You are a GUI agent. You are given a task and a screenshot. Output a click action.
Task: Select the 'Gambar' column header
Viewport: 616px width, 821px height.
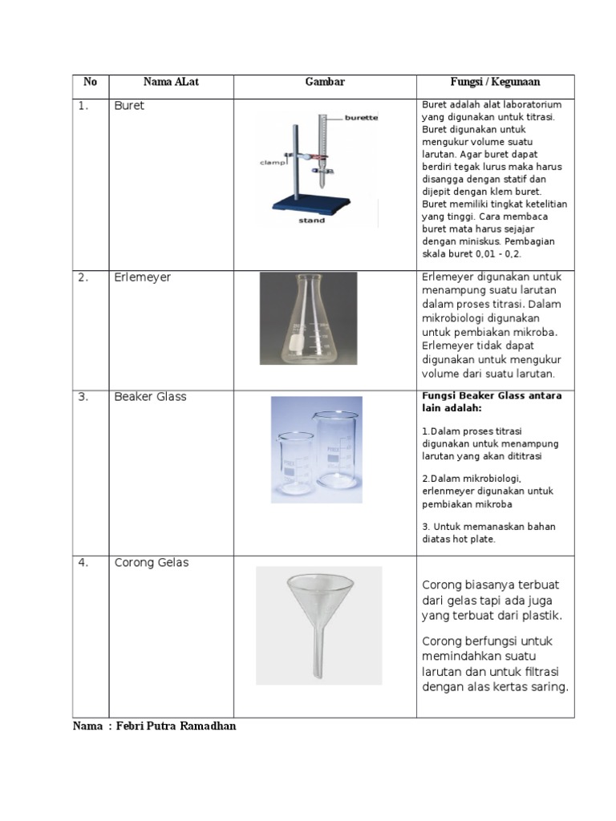(x=325, y=82)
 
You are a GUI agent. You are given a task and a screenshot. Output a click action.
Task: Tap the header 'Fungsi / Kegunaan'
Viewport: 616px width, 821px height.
(x=495, y=82)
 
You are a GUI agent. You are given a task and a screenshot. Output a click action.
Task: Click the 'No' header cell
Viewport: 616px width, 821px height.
(x=90, y=82)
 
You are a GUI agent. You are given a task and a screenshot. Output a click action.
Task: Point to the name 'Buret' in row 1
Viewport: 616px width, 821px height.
(x=129, y=106)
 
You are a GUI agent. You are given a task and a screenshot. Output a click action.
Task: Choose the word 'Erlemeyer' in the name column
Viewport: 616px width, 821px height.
(x=142, y=277)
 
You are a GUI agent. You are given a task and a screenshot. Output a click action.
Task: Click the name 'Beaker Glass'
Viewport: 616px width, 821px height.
(x=150, y=397)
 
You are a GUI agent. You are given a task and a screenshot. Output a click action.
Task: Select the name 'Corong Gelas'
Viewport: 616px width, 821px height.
(x=152, y=563)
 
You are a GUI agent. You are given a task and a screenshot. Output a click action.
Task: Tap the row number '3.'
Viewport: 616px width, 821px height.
(x=83, y=397)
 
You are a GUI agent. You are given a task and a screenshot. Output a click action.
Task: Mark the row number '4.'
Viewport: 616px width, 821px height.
(x=83, y=563)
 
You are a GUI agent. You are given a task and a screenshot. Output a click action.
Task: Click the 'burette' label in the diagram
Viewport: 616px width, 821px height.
(x=362, y=118)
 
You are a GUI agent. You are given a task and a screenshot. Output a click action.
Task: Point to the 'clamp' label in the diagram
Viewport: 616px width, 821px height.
(x=273, y=162)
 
